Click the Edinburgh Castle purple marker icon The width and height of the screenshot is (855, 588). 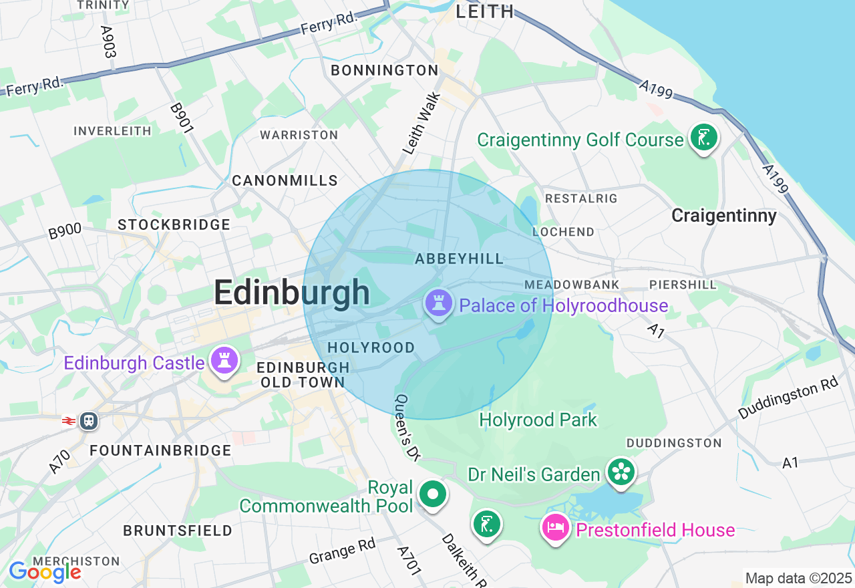224,361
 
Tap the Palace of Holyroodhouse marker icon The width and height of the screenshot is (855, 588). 438,304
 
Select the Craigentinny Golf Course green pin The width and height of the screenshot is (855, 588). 703,138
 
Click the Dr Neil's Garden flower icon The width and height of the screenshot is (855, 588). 621,472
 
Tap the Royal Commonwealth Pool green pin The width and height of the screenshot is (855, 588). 433,495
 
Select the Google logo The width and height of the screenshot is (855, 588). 45,572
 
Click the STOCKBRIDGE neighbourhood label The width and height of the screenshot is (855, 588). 174,225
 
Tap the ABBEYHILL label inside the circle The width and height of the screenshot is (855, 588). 459,259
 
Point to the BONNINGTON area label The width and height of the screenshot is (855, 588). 384,70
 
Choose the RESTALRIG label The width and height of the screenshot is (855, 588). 581,198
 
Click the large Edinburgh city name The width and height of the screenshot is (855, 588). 292,293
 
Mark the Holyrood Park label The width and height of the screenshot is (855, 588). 538,420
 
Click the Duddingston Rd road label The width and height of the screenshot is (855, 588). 788,398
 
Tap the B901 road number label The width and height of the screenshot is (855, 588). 181,118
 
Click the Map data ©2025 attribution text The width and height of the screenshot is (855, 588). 798,578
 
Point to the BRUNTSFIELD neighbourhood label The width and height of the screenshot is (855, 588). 178,531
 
